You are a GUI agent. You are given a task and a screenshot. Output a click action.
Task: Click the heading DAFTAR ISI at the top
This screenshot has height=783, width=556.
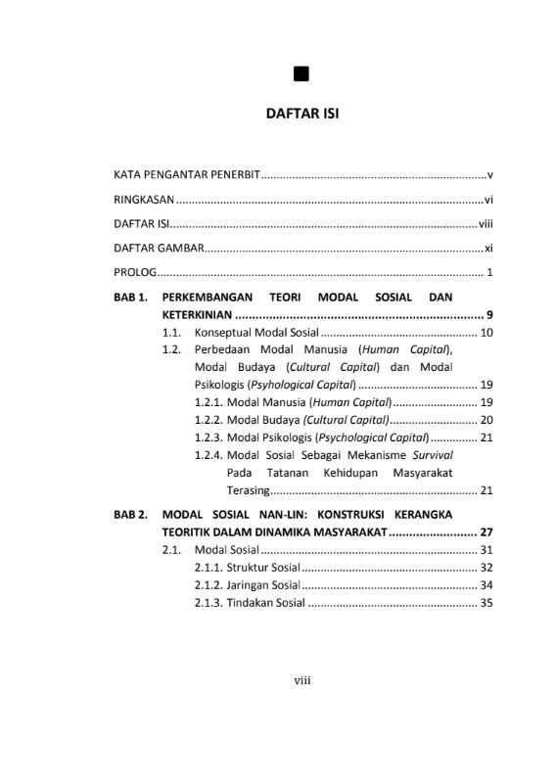click(302, 114)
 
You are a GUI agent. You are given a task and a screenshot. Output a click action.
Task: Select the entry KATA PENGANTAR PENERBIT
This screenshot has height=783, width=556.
click(186, 175)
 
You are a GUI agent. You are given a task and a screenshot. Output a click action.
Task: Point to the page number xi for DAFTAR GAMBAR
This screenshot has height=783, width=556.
click(488, 248)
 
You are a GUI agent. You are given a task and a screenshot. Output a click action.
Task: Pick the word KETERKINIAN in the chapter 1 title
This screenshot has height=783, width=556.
click(197, 314)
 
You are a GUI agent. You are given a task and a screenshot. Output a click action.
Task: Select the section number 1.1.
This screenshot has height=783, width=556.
click(172, 334)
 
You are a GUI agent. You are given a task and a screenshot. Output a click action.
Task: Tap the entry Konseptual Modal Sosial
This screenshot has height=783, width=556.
click(250, 334)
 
